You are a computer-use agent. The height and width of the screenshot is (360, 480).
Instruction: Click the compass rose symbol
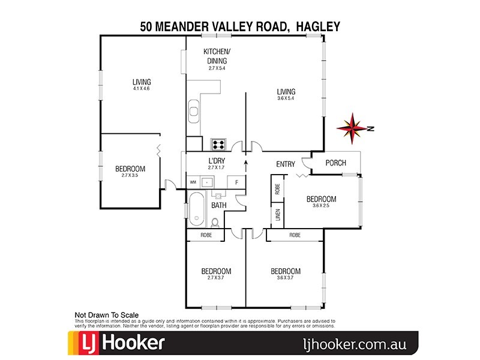(354, 127)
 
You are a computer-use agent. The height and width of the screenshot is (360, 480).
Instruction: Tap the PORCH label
(335, 163)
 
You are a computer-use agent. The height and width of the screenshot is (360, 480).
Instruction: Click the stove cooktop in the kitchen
(217, 144)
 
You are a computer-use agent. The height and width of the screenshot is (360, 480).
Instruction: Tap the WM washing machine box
(193, 181)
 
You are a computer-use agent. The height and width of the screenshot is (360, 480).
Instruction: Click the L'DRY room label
(217, 161)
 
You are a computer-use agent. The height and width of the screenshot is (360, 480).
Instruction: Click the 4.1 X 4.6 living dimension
(142, 89)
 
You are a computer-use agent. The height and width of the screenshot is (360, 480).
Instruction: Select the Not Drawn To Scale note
(106, 314)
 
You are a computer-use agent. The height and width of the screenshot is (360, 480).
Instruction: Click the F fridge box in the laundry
(236, 181)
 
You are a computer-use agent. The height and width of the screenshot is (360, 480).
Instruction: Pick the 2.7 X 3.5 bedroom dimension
(130, 175)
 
